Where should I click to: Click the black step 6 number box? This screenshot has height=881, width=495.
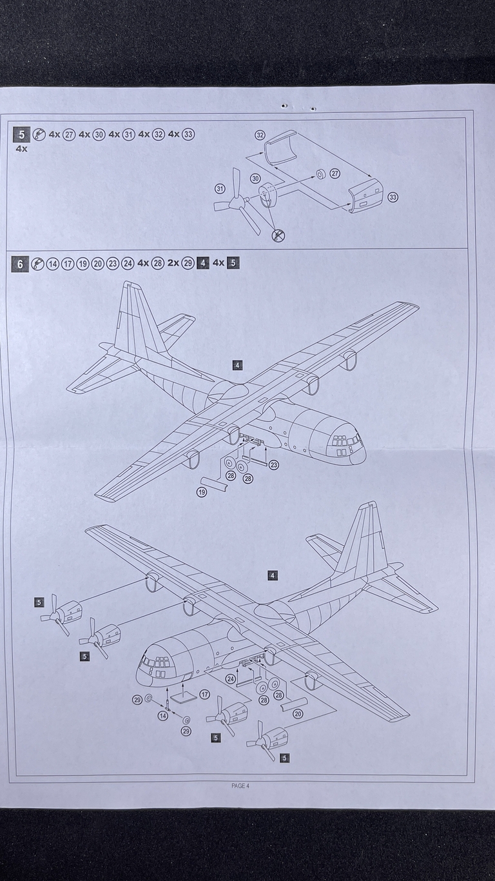click(21, 264)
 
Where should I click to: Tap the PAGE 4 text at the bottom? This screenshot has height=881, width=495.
click(240, 786)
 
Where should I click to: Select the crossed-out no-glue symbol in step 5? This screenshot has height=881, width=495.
click(278, 235)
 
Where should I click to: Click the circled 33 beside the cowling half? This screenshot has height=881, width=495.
click(393, 197)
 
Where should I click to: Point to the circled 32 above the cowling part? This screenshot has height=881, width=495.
click(260, 135)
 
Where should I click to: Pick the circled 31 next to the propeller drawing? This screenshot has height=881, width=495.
click(220, 188)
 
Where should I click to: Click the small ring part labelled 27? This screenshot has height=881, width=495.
click(320, 174)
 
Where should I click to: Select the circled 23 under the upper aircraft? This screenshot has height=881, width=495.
click(273, 464)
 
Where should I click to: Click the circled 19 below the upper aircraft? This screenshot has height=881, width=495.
click(202, 491)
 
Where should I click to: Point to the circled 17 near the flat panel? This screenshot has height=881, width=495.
click(204, 695)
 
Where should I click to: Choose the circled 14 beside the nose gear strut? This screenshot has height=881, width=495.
click(162, 716)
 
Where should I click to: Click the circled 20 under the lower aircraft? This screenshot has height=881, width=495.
click(297, 714)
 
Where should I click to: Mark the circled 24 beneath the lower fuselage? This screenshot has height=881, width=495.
click(230, 678)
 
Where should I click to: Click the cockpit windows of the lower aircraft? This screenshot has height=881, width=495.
click(157, 662)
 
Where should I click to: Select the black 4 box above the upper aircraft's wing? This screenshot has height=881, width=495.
click(238, 366)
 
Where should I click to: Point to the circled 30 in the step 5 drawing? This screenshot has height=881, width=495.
click(255, 178)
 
